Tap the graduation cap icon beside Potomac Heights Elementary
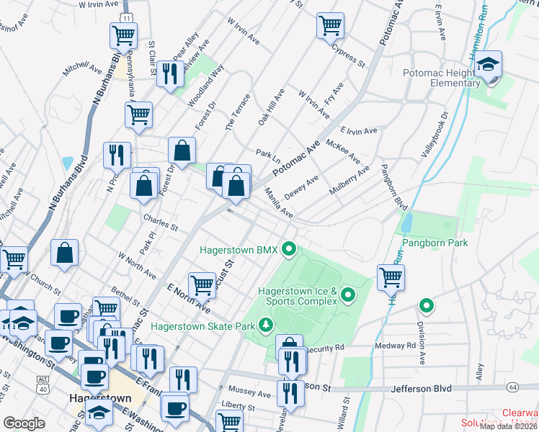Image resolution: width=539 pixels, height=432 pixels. (488, 66)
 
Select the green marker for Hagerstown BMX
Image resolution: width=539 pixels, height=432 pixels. (290, 250)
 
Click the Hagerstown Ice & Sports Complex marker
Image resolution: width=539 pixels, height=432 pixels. (349, 294)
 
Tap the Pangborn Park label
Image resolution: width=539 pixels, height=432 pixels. (435, 243)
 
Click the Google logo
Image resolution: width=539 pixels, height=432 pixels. (24, 423)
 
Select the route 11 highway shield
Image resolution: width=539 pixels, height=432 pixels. (126, 16)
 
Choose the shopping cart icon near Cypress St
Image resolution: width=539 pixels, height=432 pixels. (329, 25)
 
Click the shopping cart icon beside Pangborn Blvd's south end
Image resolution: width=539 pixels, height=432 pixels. (391, 276)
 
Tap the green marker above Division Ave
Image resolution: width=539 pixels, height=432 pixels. (426, 306)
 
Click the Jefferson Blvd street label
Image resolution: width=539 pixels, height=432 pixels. (422, 389)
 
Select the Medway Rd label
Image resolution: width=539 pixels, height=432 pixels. (395, 346)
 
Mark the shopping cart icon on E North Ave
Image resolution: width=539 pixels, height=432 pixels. (202, 285)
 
